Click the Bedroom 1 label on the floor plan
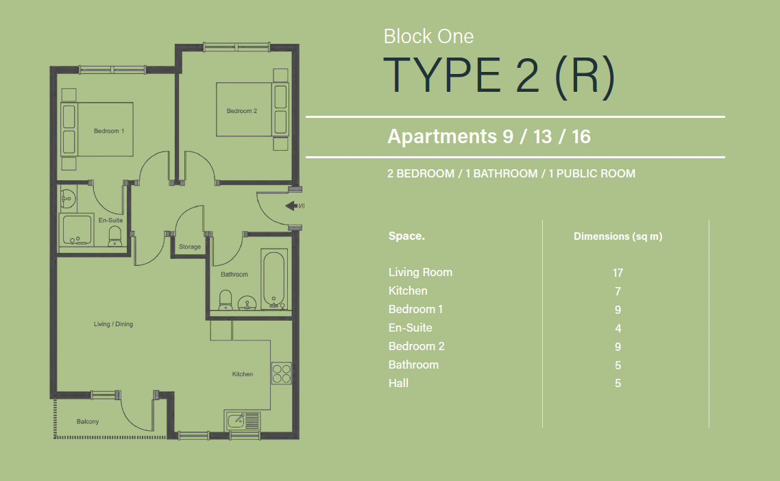109,131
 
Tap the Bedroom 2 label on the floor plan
242,111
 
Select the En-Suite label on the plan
110,221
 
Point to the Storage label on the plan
190,247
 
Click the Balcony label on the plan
88,421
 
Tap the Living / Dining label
113,324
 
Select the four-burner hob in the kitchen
282,373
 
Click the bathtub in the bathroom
274,280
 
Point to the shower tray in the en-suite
75,230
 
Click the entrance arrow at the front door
291,206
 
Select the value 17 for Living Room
618,273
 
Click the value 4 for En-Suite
618,328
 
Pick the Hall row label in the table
398,383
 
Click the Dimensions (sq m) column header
618,236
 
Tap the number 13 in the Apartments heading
542,136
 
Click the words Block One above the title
428,36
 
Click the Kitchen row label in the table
408,291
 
